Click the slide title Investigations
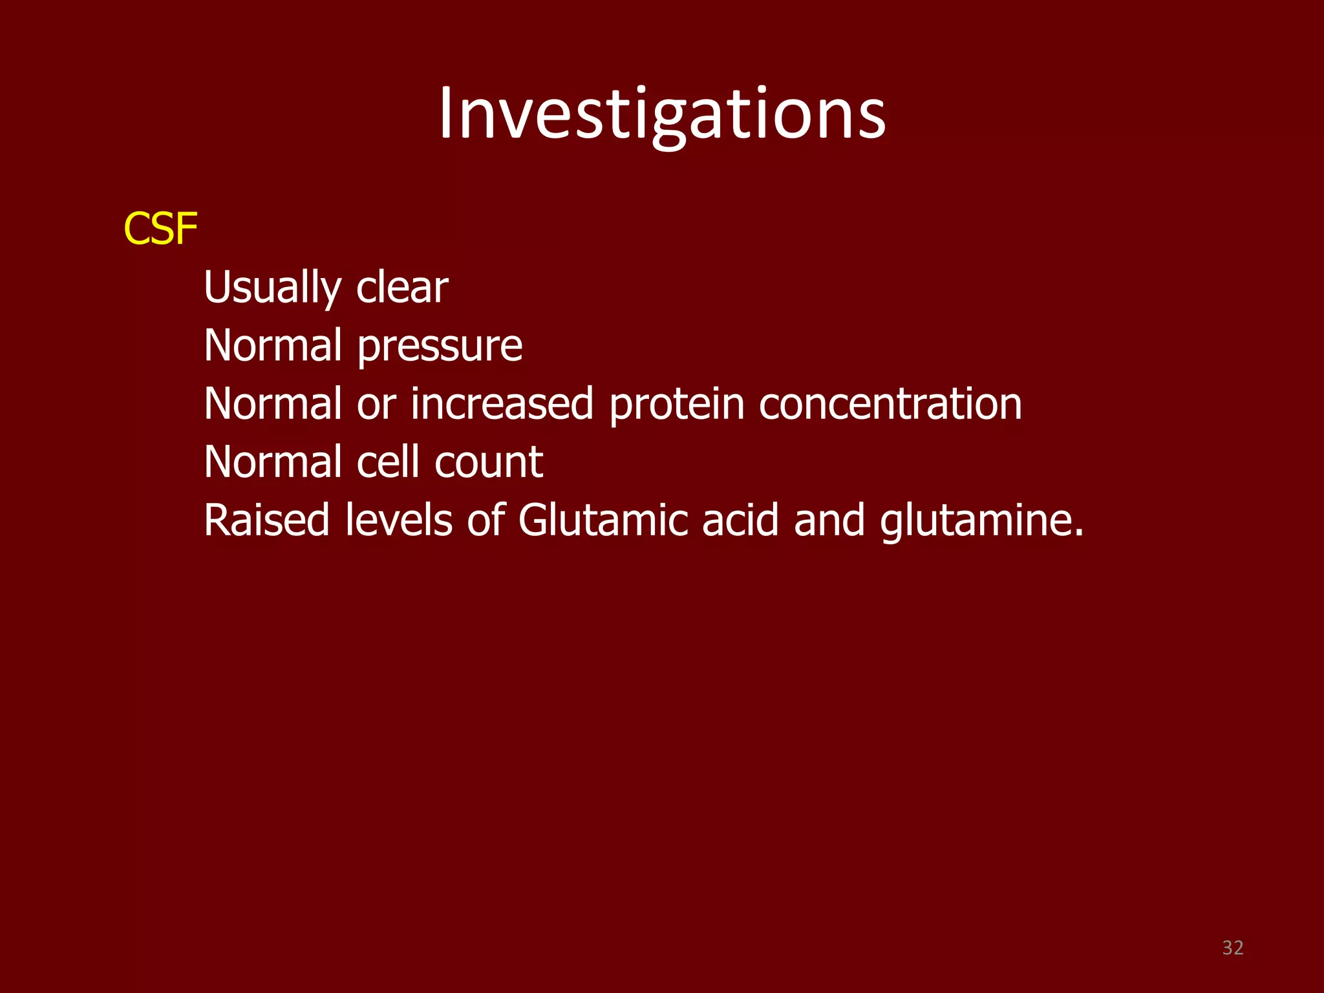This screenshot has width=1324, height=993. [662, 115]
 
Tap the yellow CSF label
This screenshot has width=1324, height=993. [160, 229]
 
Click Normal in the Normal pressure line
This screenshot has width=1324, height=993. [272, 345]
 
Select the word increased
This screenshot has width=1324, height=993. [502, 404]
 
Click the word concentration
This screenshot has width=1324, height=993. [890, 404]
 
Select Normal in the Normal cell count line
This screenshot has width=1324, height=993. [272, 462]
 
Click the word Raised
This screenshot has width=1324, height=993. [266, 520]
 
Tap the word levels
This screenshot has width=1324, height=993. [398, 520]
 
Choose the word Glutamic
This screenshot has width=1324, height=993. [603, 520]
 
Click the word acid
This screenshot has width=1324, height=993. [740, 520]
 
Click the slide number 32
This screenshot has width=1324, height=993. [1233, 948]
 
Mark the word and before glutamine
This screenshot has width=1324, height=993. [829, 520]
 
